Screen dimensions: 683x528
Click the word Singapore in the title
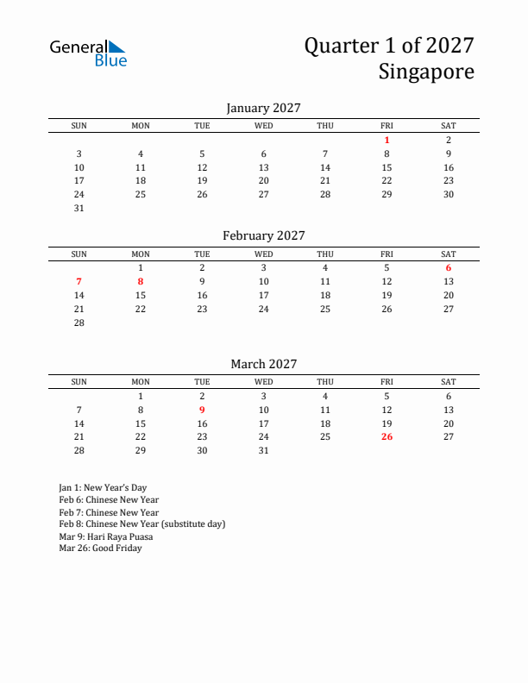[425, 72]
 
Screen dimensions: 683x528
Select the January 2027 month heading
[263, 108]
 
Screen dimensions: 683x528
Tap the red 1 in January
[387, 140]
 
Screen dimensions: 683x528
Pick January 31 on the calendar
[79, 208]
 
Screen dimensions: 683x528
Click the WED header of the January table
[263, 126]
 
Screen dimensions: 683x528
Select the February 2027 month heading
[263, 235]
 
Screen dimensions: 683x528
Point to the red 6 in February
[449, 267]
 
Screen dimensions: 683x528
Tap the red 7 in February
[79, 281]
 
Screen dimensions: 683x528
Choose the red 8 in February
[141, 281]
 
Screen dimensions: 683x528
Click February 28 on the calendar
[79, 323]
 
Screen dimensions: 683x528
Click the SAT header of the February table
[449, 254]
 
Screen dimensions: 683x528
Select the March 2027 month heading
[263, 364]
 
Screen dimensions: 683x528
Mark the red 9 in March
[202, 410]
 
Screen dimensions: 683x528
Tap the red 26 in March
[387, 436]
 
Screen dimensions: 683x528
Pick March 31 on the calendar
[263, 450]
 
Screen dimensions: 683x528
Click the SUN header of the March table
[79, 382]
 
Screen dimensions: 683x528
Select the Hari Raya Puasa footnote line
[105, 536]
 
